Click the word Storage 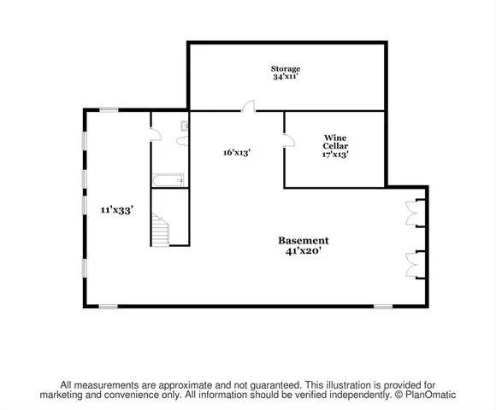pos(286,68)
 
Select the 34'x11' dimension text pos(286,77)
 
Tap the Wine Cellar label pos(334,142)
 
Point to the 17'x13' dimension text pos(334,155)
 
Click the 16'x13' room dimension pos(236,152)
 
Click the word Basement pos(304,241)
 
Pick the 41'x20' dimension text pos(304,252)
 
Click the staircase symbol pos(161,230)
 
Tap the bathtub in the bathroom pos(168,179)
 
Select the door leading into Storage pos(247,107)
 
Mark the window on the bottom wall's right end pos(382,306)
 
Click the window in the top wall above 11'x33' pos(109,108)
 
